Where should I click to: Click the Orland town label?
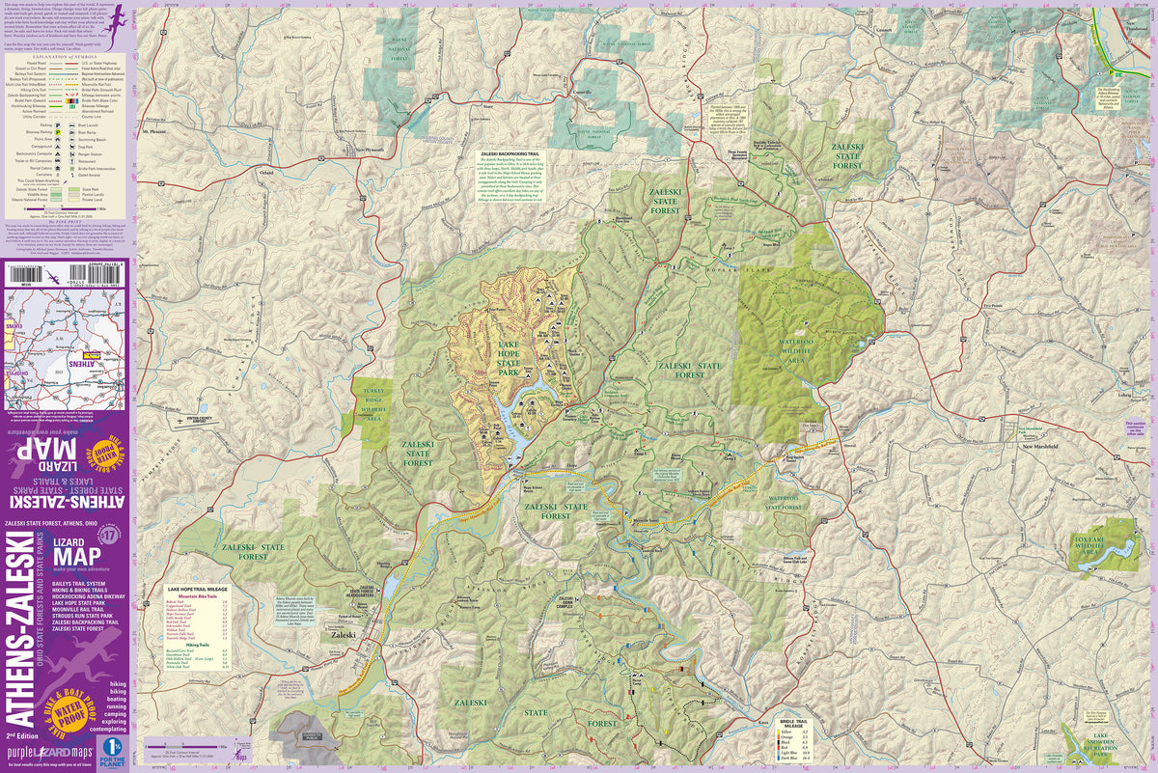tap(266, 173)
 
